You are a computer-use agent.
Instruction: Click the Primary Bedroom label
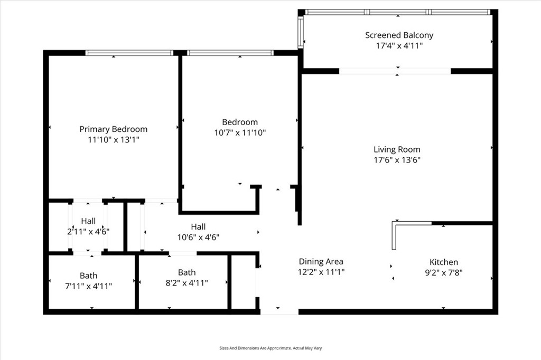pyautogui.click(x=114, y=129)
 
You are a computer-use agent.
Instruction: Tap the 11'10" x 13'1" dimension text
pyautogui.click(x=114, y=140)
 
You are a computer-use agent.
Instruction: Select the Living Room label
pyautogui.click(x=397, y=150)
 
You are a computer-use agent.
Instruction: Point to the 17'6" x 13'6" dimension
pyautogui.click(x=397, y=160)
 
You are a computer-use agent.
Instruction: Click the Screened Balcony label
pyautogui.click(x=399, y=35)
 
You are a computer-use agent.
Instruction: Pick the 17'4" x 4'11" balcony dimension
pyautogui.click(x=399, y=45)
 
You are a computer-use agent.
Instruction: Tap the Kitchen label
pyautogui.click(x=444, y=262)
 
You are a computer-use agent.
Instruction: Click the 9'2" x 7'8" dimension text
pyautogui.click(x=444, y=273)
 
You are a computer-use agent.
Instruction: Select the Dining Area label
pyautogui.click(x=321, y=261)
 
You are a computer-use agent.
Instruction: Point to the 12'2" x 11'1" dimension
pyautogui.click(x=321, y=272)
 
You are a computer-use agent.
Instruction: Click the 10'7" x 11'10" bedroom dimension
pyautogui.click(x=240, y=132)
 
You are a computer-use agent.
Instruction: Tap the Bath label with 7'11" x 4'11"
pyautogui.click(x=89, y=276)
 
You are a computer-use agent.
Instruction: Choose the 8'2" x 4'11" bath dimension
pyautogui.click(x=186, y=283)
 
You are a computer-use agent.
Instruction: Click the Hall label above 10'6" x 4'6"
pyautogui.click(x=199, y=226)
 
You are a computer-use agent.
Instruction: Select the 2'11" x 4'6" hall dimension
pyautogui.click(x=88, y=231)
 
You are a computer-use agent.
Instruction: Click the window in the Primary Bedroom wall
pyautogui.click(x=129, y=53)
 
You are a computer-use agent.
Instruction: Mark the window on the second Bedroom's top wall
pyautogui.click(x=230, y=53)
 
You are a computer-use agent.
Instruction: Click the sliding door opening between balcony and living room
pyautogui.click(x=395, y=71)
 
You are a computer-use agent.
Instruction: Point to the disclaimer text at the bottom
pyautogui.click(x=270, y=348)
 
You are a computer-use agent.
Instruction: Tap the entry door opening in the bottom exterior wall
pyautogui.click(x=279, y=312)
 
